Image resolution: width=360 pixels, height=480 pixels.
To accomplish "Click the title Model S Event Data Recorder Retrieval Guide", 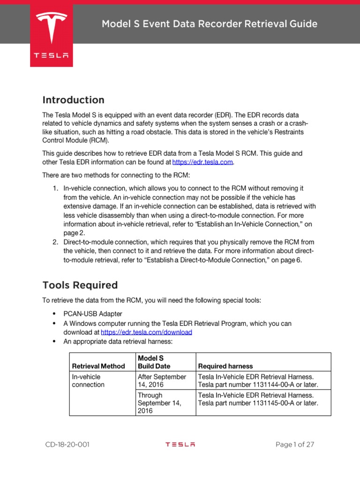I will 210,24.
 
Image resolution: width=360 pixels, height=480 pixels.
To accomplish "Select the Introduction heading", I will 73,100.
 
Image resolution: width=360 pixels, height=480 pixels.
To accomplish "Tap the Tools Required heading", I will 80,285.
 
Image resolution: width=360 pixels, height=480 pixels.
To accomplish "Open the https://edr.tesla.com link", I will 202,162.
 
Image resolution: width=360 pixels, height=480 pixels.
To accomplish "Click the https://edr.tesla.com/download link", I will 146,332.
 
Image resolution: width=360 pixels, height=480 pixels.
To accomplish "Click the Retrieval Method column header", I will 98,366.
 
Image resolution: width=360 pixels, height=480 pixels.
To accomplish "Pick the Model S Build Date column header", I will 154,362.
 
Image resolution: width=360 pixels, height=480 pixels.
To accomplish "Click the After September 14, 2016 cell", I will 162,381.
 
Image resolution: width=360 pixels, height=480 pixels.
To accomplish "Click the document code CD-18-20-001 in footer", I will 67,445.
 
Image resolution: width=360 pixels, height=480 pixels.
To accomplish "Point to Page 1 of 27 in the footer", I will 294,445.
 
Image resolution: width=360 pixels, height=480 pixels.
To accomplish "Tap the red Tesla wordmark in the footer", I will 180,445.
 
